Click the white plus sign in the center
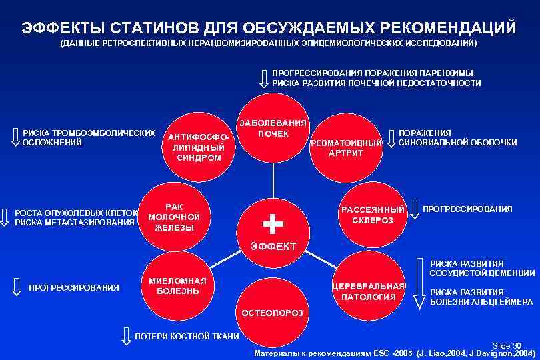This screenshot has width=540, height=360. (x=273, y=223)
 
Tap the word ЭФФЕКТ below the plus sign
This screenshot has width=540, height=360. (x=273, y=247)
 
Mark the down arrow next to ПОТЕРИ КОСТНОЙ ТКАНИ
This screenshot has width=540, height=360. (x=125, y=335)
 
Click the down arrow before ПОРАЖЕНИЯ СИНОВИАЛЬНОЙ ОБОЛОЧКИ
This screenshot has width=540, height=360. (x=391, y=137)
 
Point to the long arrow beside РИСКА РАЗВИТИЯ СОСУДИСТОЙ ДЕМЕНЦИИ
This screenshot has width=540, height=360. (x=419, y=283)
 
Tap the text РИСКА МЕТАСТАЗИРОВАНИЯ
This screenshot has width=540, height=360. (x=75, y=223)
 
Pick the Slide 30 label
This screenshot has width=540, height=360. (x=507, y=345)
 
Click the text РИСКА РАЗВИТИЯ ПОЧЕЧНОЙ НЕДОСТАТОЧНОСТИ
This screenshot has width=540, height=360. (x=376, y=83)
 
